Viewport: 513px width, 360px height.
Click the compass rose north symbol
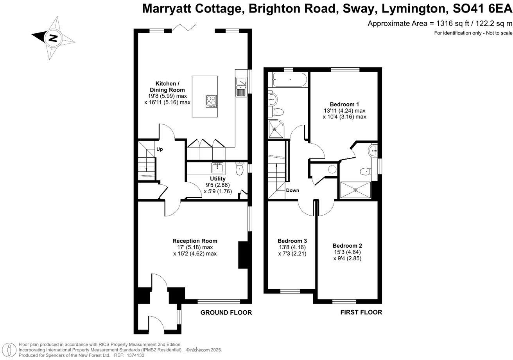(53, 38)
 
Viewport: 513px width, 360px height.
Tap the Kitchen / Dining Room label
(167, 86)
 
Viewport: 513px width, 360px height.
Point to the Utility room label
(218, 179)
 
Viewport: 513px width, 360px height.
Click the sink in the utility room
(217, 168)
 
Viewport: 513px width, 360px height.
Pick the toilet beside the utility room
(240, 169)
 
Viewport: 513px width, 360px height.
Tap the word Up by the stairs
(160, 149)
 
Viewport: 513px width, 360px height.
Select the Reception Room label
(195, 241)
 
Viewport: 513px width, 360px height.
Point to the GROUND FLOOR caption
(226, 312)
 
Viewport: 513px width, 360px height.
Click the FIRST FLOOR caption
(361, 312)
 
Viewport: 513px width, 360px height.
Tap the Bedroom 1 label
(344, 104)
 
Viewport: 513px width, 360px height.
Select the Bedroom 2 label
(347, 246)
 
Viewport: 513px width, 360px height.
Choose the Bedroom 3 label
(292, 241)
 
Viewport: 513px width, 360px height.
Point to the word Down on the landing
(292, 191)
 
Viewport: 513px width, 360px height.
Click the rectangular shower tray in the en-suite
(356, 190)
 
